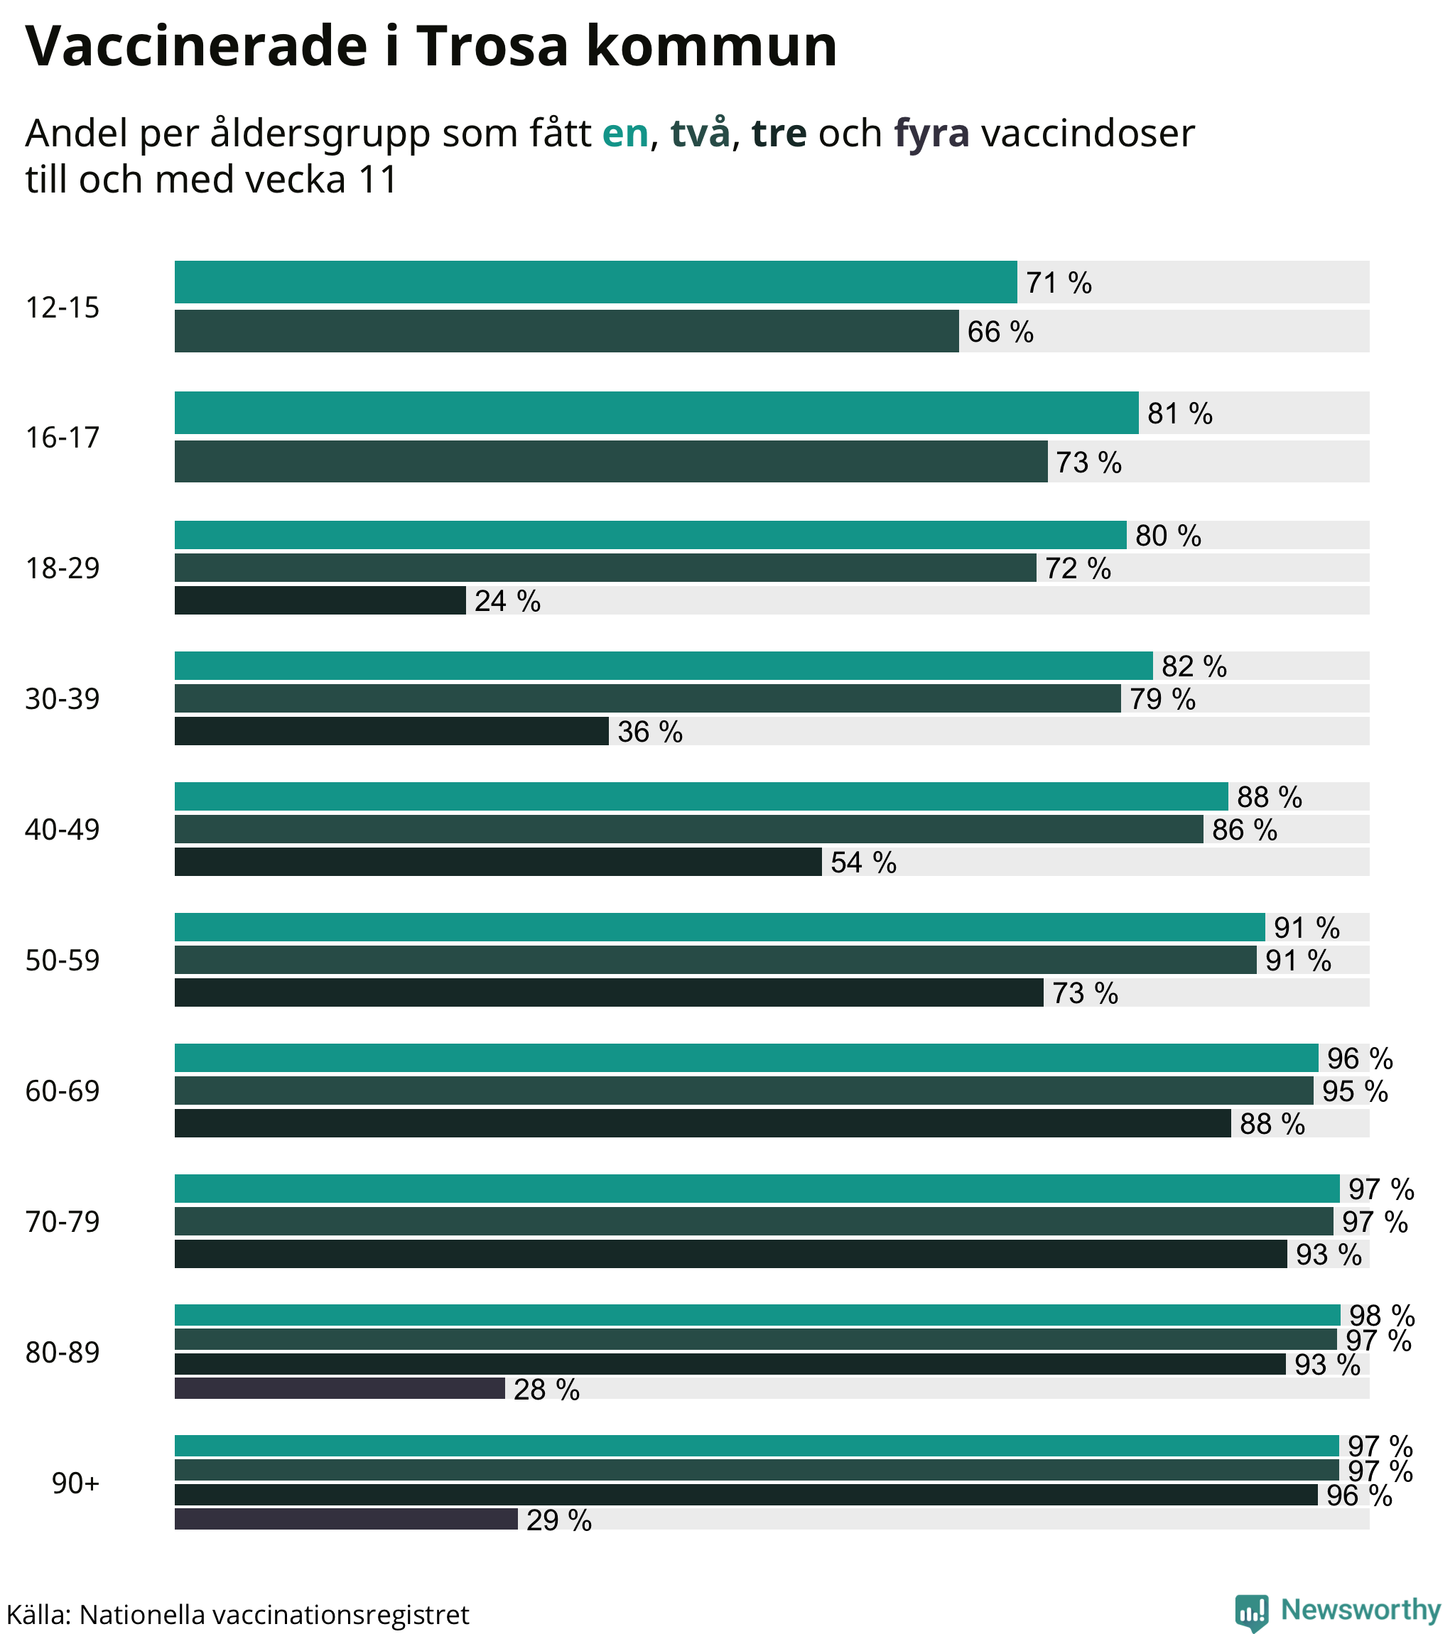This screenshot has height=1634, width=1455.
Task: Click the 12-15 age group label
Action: point(63,308)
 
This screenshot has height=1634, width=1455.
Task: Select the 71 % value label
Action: point(1059,283)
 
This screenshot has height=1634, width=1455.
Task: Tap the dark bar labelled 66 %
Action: point(566,332)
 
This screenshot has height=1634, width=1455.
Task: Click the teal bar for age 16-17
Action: point(656,413)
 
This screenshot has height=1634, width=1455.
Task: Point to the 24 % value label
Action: point(507,601)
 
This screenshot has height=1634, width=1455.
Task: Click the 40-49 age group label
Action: point(63,830)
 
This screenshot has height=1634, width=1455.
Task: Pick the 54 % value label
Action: point(862,862)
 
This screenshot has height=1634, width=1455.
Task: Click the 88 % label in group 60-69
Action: point(1271,1124)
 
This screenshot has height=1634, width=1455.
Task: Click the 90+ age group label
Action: point(75,1483)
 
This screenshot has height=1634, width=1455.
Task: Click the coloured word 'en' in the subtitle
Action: point(624,134)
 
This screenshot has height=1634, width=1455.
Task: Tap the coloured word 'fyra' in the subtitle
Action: point(931,134)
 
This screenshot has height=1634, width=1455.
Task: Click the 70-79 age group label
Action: point(63,1222)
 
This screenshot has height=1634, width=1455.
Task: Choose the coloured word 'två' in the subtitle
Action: point(700,134)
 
